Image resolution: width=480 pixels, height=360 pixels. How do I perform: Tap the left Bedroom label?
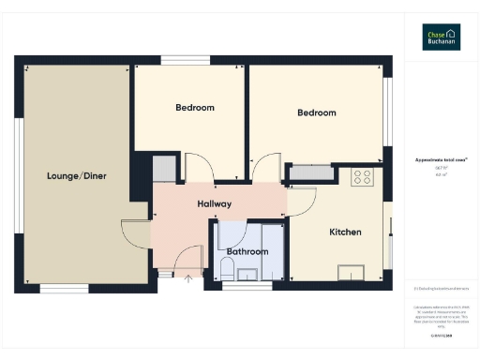[x=195, y=108]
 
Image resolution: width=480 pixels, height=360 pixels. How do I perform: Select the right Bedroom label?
[x=316, y=112]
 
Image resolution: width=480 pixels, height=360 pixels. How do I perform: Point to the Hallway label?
[x=214, y=203]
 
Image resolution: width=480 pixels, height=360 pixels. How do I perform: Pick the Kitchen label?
[x=345, y=232]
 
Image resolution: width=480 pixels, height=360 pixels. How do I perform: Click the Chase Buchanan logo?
[x=440, y=37]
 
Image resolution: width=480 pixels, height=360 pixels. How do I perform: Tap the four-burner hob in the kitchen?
[x=362, y=175]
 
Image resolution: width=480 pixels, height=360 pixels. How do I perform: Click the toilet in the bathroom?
[x=227, y=271]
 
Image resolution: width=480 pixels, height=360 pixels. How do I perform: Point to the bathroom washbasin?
[x=248, y=274]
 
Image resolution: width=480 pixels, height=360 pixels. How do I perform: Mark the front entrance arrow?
[x=187, y=278]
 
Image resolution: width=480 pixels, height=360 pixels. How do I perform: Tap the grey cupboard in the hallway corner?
[x=165, y=170]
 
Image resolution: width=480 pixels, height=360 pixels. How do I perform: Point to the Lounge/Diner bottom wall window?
[x=65, y=285]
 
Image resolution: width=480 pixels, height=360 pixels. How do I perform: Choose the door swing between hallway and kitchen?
[x=302, y=199]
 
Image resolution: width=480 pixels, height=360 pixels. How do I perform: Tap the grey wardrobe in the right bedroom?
[x=311, y=172]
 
